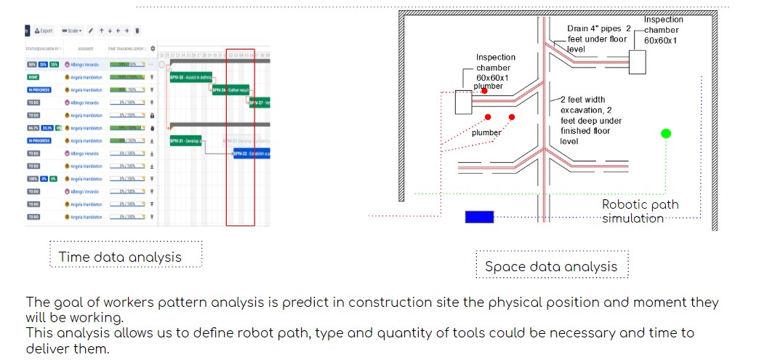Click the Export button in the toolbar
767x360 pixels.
(44, 31)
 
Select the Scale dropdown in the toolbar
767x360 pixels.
(72, 31)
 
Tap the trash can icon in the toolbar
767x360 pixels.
(137, 31)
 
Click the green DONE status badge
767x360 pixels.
(33, 77)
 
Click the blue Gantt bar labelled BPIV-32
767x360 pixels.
(252, 153)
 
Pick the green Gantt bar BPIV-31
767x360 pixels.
(185, 141)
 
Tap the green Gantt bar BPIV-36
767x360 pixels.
(231, 90)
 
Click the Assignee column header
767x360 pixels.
(86, 49)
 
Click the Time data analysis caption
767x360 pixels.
(120, 257)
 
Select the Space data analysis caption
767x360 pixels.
(551, 266)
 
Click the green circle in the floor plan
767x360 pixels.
(666, 133)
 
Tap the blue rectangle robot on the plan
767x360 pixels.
(479, 217)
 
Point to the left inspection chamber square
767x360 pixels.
(464, 102)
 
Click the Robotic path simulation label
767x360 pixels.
(640, 211)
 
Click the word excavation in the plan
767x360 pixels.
(582, 110)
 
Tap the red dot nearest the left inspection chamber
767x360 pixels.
(484, 92)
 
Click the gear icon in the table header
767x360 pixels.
(153, 49)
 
